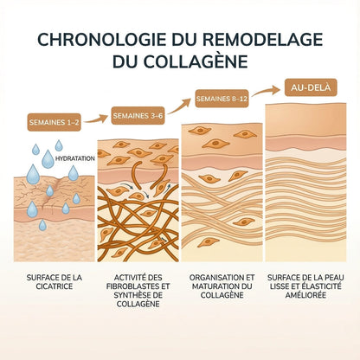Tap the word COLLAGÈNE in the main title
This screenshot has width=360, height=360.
(194, 61)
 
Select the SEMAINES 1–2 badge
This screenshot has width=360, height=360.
(55, 122)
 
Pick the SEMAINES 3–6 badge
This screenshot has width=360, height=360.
(138, 116)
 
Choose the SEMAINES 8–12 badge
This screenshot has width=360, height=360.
(222, 99)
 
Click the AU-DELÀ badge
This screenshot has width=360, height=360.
(311, 87)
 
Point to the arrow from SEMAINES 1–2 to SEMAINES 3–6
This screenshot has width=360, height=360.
(96, 119)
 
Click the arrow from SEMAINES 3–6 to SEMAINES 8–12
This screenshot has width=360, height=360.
(179, 106)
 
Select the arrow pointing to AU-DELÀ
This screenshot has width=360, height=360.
(266, 91)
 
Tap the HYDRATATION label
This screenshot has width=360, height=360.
(74, 158)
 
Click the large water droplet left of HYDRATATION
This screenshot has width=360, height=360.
(48, 159)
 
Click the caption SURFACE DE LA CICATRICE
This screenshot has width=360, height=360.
(55, 282)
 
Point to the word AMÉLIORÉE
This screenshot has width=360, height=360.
(305, 295)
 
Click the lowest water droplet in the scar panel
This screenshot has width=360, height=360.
(42, 225)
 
